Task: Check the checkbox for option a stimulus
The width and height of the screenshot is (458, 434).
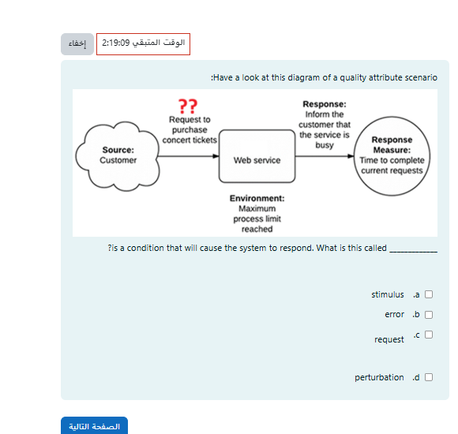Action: coord(429,295)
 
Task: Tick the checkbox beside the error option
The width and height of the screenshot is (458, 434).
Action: coord(429,315)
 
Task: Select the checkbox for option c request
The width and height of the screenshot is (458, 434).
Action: coord(429,335)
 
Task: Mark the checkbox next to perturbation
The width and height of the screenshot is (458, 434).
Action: coord(429,377)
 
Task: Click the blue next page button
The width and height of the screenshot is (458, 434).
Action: coord(94,426)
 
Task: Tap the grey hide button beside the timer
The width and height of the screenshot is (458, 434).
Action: coord(77,44)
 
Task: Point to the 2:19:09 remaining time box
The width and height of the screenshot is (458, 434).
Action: coord(143,44)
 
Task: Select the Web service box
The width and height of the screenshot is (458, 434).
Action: coord(257,160)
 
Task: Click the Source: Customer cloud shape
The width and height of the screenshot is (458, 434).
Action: coord(118,155)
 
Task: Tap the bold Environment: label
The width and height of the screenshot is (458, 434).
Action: coord(257,199)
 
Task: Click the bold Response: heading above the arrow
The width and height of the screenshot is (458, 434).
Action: coord(324,104)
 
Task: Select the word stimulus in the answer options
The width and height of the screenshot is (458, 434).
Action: coord(388,295)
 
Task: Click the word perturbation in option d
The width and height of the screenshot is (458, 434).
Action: coord(379,377)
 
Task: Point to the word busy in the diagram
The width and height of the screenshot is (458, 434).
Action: coord(324,145)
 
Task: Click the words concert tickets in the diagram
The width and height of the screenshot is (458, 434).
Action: coord(190,140)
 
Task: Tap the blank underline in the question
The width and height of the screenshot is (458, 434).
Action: coord(413,249)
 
